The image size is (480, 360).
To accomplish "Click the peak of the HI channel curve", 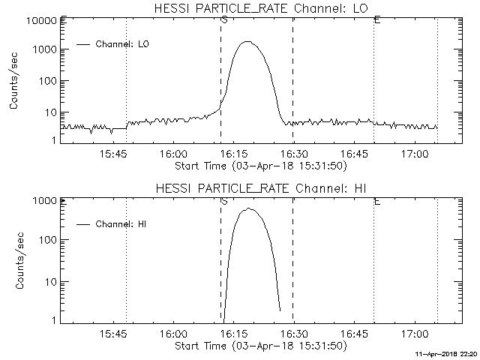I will pyautogui.click(x=248, y=208).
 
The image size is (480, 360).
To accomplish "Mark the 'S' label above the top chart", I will pyautogui.click(x=224, y=19).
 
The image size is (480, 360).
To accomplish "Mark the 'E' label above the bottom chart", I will pyautogui.click(x=376, y=201).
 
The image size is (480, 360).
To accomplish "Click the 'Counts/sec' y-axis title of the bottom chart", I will pyautogui.click(x=14, y=262).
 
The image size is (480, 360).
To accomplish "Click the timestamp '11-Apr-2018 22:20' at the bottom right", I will pyautogui.click(x=447, y=353).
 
